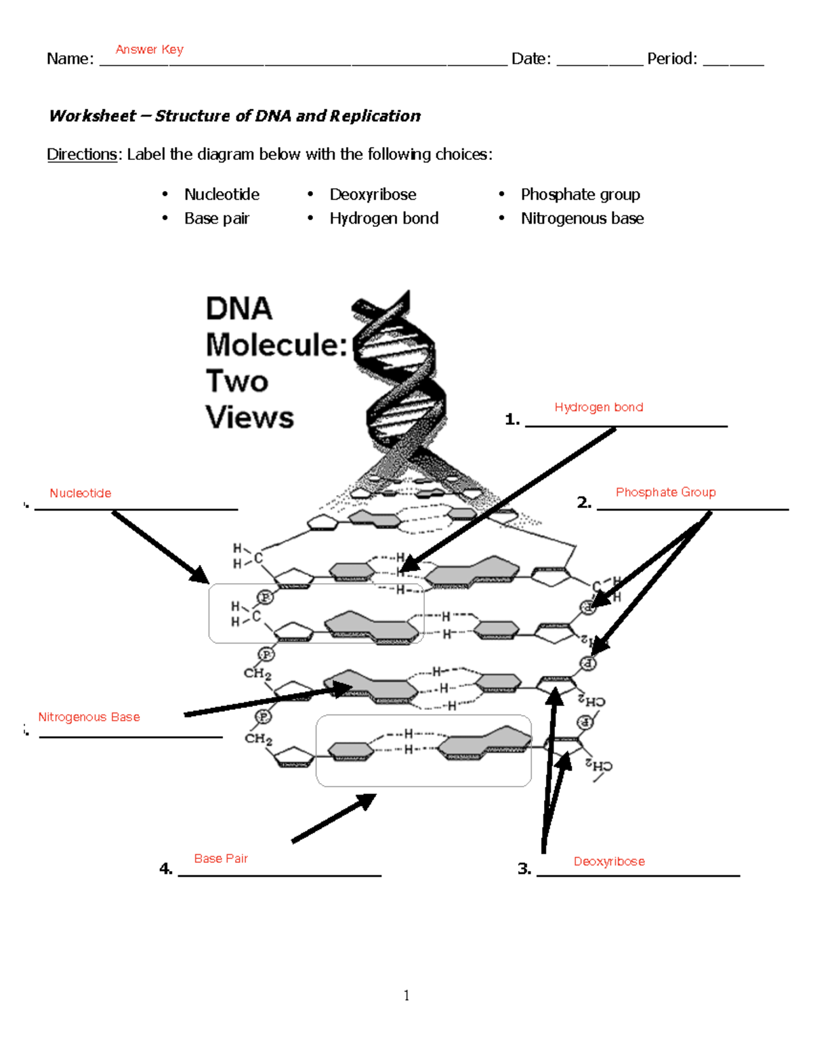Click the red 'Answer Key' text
(149, 49)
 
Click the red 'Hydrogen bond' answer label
(598, 407)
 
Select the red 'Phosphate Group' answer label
(665, 492)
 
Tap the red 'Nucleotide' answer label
(80, 493)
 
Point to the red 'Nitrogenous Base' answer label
(89, 717)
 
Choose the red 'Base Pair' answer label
(221, 858)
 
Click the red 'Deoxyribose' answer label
(609, 861)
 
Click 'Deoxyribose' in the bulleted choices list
(373, 194)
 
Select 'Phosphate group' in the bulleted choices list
(580, 194)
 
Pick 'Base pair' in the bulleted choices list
(217, 218)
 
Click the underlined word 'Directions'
(82, 154)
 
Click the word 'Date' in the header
(530, 59)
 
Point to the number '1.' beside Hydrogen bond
(512, 419)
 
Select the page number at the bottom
(406, 995)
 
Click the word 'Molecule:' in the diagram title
(276, 345)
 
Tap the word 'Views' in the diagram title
(249, 417)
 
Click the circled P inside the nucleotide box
(266, 597)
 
